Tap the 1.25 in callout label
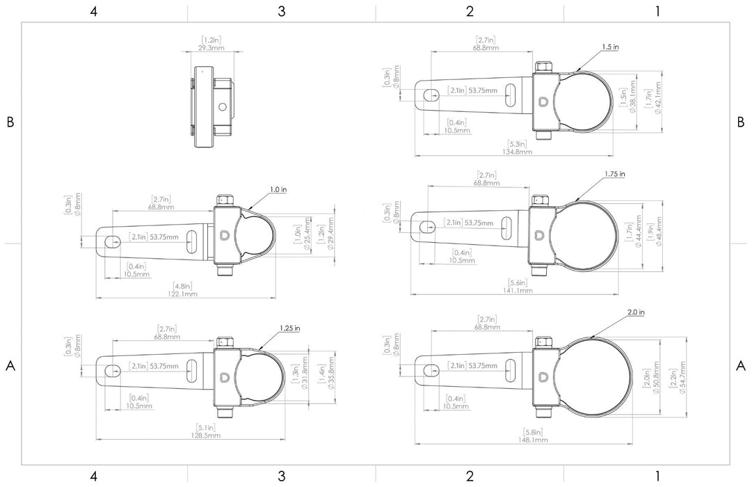pyautogui.click(x=289, y=328)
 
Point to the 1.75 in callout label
pyautogui.click(x=615, y=173)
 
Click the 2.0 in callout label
pyautogui.click(x=636, y=313)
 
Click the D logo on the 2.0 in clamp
pyautogui.click(x=545, y=376)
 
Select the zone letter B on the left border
pyautogui.click(x=10, y=122)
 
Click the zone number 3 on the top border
pyautogui.click(x=281, y=10)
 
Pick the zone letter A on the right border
pyautogui.click(x=741, y=365)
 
